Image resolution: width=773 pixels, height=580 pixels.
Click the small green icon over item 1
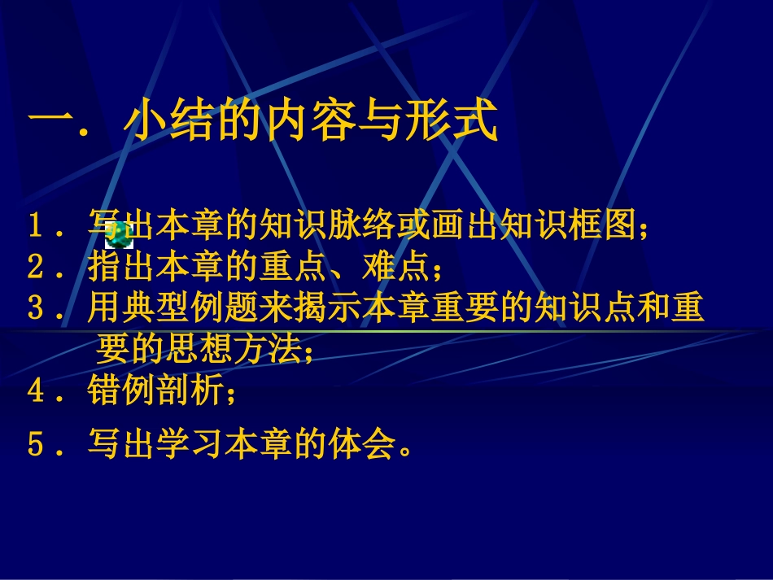coord(119,234)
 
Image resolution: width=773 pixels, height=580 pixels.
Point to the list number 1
coord(36,227)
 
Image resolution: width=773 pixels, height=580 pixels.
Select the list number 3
coord(36,308)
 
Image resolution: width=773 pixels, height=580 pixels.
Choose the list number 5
coord(36,445)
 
